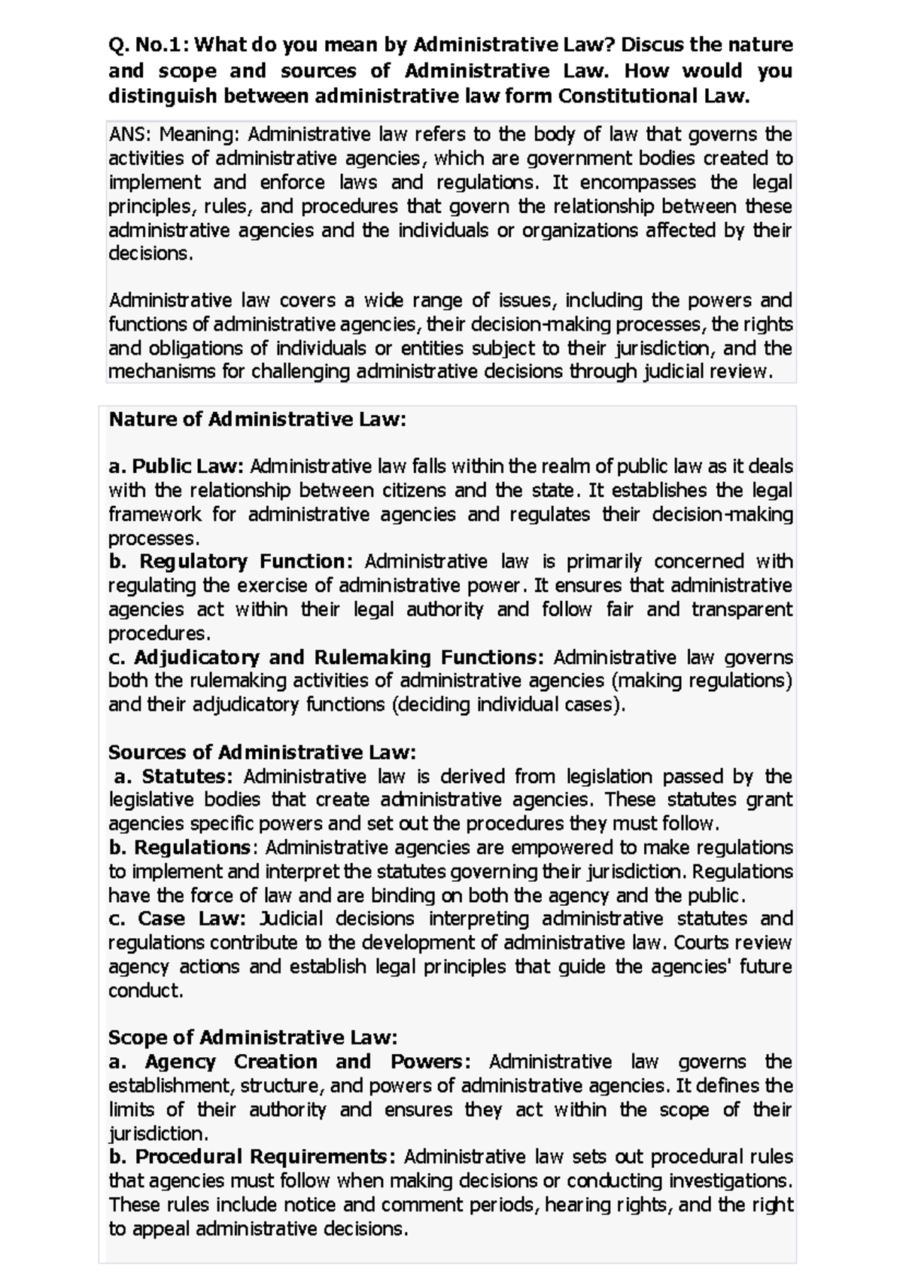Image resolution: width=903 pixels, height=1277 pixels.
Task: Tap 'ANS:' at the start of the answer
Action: pos(130,135)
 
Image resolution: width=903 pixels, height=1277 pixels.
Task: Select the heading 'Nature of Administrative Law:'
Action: pos(257,419)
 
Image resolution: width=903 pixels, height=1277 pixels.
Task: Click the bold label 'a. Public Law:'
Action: pos(177,467)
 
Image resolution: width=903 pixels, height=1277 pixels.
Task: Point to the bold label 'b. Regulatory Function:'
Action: pos(230,562)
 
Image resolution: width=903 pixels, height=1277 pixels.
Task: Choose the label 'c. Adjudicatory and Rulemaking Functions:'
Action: pos(326,657)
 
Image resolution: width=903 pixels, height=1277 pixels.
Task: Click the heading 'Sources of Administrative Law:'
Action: pos(262,752)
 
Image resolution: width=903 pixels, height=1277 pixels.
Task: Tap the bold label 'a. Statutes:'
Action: pos(173,776)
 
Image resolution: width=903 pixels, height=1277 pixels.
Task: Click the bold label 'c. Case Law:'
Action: pos(177,919)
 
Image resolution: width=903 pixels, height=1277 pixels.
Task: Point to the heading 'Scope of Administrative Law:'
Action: pos(252,1038)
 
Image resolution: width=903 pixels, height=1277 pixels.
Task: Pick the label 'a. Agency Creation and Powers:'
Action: pos(290,1062)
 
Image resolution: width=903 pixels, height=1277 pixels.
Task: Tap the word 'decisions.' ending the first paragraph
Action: pos(150,254)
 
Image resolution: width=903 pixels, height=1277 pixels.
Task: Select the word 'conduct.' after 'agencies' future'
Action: pos(146,991)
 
